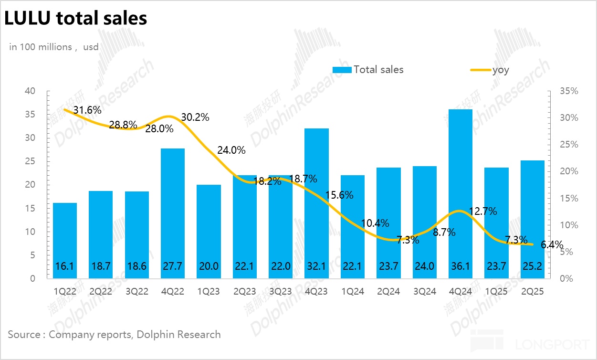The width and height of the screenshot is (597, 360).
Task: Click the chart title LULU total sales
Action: click(x=75, y=18)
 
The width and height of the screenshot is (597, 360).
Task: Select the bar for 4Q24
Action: click(x=461, y=191)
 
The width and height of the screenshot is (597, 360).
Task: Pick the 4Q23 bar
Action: click(x=316, y=201)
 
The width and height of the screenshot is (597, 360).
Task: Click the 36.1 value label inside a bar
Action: click(x=461, y=266)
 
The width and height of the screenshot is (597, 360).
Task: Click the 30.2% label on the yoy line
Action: click(x=195, y=117)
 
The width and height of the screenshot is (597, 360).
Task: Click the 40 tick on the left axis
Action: click(x=30, y=91)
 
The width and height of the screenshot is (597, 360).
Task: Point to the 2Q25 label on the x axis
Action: click(x=533, y=291)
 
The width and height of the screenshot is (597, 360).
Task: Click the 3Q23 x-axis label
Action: click(x=281, y=291)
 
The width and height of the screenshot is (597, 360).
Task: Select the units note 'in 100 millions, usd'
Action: click(x=53, y=47)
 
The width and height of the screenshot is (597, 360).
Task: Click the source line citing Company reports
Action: click(x=115, y=334)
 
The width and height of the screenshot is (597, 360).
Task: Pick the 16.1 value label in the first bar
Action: click(x=65, y=266)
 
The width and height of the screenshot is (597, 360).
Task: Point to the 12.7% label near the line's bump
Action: click(x=483, y=211)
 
